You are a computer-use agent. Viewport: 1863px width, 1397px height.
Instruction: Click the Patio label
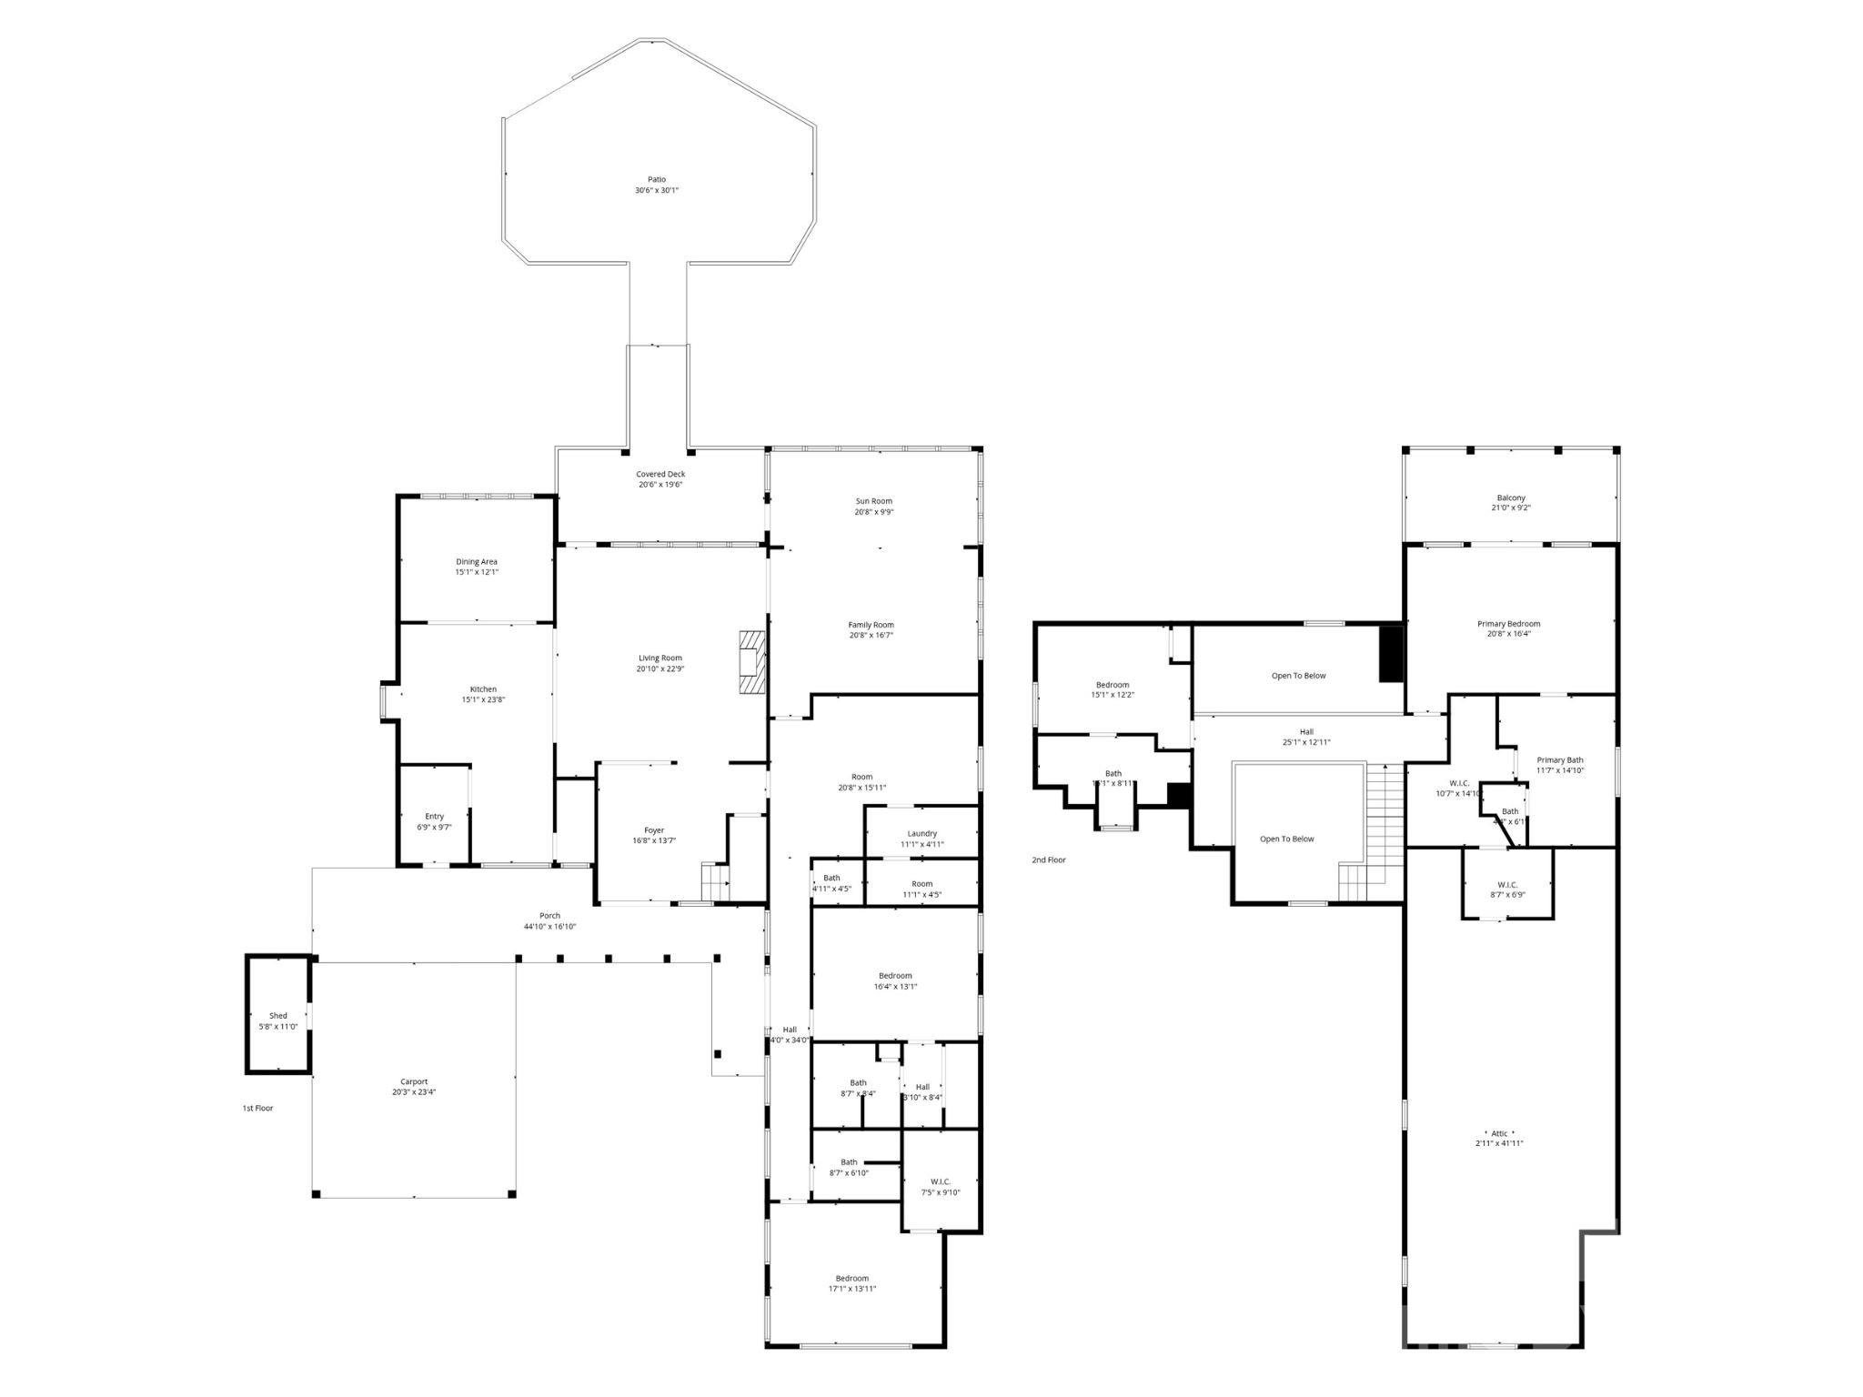tap(657, 180)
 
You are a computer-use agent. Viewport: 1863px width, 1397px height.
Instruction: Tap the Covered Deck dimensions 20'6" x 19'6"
tap(660, 485)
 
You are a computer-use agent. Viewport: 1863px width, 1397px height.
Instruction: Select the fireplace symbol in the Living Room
tap(751, 663)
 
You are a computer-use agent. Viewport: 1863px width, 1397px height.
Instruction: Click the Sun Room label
tap(873, 501)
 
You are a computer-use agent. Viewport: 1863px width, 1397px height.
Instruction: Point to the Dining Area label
tap(476, 562)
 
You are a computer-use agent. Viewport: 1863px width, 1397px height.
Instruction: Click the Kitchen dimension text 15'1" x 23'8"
tap(483, 700)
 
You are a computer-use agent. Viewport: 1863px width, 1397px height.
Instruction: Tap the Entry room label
tap(434, 817)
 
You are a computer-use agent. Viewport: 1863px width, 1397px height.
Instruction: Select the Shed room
tap(277, 1016)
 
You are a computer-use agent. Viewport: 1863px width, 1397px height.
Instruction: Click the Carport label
tap(414, 1081)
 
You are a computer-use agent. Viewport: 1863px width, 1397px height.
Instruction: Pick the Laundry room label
tap(921, 834)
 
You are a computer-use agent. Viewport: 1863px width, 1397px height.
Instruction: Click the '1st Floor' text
tap(257, 1108)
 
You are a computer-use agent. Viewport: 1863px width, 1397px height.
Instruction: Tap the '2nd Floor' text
tap(1048, 859)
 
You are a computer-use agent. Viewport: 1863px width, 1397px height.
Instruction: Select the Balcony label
tap(1511, 497)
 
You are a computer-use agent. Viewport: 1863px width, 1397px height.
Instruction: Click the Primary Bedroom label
tap(1508, 624)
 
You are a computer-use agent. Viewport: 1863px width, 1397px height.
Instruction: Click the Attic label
tap(1499, 1133)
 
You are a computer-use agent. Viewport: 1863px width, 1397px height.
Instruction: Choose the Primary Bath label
tap(1560, 760)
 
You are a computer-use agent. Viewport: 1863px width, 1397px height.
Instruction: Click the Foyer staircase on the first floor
tap(714, 880)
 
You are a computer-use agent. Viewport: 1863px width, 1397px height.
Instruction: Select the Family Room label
tap(871, 625)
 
